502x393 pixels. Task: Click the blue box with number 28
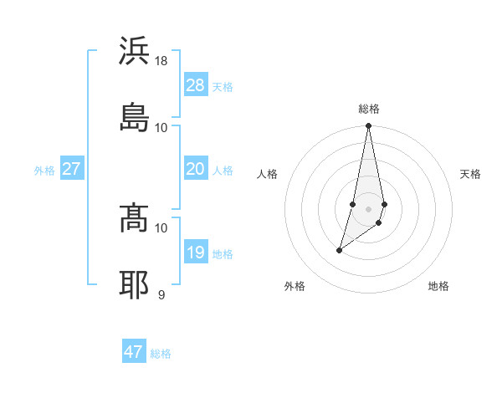coord(195,85)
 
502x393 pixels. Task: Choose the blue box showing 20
coord(195,169)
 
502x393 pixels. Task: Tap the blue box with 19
coord(195,253)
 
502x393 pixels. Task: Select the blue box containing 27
coord(71,169)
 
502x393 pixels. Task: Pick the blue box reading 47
coord(134,352)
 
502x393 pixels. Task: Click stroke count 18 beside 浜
coord(161,61)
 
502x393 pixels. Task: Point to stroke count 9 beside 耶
coord(161,294)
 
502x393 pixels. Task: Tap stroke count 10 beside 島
coord(161,127)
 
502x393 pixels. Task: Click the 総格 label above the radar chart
coord(369,109)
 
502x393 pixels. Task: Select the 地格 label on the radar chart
coord(438,286)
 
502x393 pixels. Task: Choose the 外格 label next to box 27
coord(44,171)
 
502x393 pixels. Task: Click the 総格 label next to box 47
coord(161,354)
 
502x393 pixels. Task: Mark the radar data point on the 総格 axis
coord(369,126)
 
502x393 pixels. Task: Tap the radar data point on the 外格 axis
coord(339,250)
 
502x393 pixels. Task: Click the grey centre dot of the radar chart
coord(369,208)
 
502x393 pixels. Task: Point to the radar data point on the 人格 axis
coord(353,203)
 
